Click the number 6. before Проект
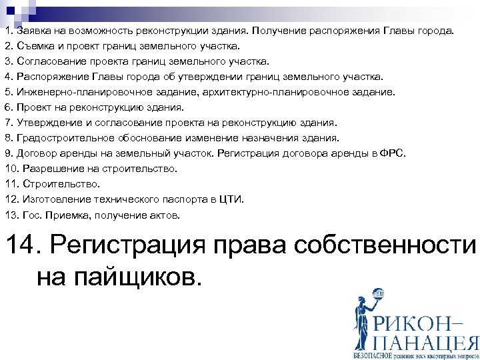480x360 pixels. (x=9, y=107)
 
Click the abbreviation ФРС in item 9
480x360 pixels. (x=393, y=153)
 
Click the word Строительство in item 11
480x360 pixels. (x=61, y=185)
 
